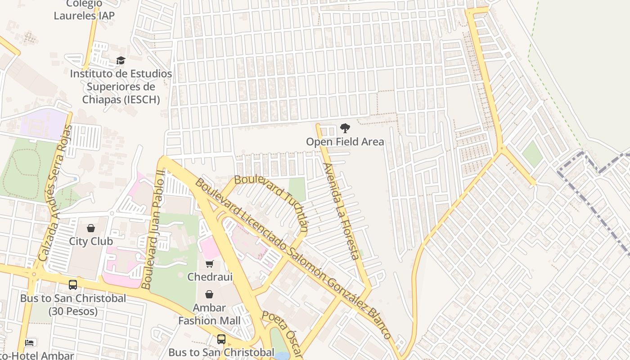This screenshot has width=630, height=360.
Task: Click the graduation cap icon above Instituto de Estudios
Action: (x=121, y=60)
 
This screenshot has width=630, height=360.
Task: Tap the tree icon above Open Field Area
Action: (x=345, y=128)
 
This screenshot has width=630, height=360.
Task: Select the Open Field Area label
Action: (x=345, y=142)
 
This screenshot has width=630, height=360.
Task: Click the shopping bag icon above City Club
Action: (x=91, y=228)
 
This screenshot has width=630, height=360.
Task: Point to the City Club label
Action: (x=91, y=241)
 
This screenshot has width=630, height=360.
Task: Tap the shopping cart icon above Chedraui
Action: (x=209, y=264)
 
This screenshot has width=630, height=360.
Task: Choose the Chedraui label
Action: (x=210, y=277)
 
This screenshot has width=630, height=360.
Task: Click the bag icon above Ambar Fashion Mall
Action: (x=209, y=294)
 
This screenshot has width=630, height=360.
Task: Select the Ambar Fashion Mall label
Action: (x=209, y=315)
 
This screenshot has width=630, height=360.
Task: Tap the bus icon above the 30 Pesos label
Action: (x=73, y=285)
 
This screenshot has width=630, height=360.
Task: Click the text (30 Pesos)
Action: (x=73, y=311)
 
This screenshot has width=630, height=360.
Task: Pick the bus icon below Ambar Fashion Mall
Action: (x=221, y=339)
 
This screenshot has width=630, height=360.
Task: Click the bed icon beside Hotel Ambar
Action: (x=30, y=343)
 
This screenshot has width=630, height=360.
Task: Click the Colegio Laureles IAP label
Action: (x=84, y=10)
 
